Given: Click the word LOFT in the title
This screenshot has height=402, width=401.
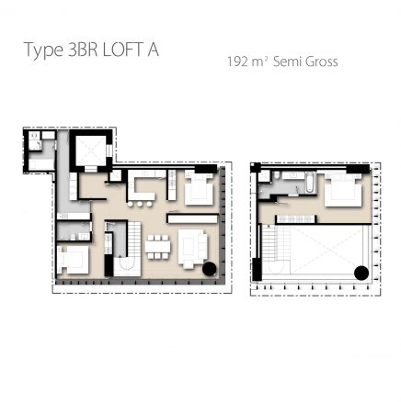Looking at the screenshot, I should tap(120, 50).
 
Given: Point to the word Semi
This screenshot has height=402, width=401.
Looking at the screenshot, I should tap(291, 62).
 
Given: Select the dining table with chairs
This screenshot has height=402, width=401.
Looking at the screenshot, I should tap(157, 246).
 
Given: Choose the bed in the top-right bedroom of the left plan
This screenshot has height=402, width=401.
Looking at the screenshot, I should tap(198, 191).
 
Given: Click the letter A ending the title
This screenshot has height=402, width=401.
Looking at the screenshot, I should tap(152, 50).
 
